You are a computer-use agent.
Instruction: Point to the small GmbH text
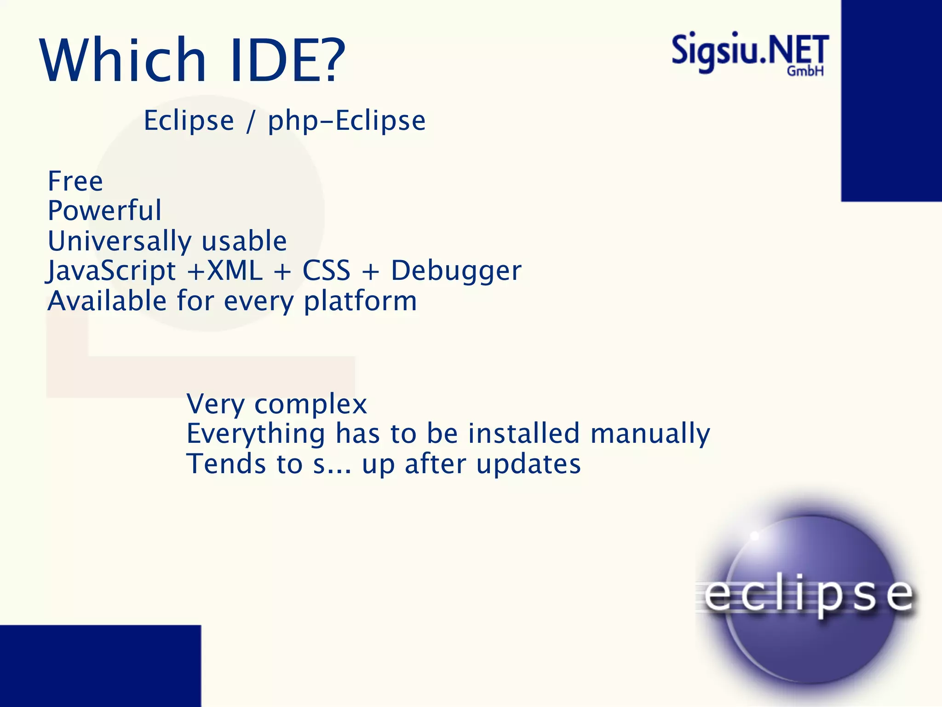pyautogui.click(x=805, y=71)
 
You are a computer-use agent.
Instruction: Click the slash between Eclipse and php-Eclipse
pyautogui.click(x=250, y=122)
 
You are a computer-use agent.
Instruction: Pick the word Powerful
pyautogui.click(x=105, y=211)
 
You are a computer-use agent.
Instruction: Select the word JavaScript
pyautogui.click(x=111, y=271)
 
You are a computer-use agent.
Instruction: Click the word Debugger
pyautogui.click(x=456, y=271)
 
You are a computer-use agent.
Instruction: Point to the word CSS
pyautogui.click(x=326, y=271)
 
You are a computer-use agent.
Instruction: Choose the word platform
pyautogui.click(x=360, y=301)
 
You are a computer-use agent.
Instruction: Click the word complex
pyautogui.click(x=310, y=405)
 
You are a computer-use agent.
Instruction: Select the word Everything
pyautogui.click(x=256, y=434)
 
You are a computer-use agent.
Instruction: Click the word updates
pyautogui.click(x=528, y=464)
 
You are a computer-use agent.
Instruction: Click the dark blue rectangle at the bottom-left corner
pyautogui.click(x=100, y=666)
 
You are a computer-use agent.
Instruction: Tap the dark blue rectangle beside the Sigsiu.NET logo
pyautogui.click(x=891, y=100)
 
